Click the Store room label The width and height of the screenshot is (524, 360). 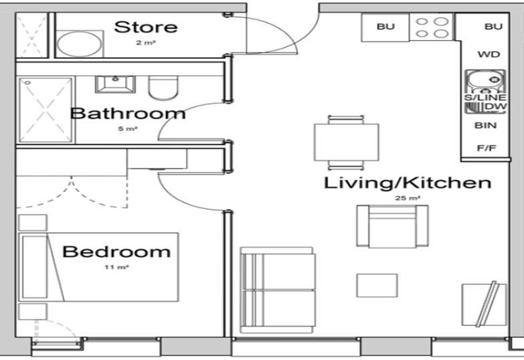146,27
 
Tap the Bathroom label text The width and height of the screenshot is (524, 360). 127,113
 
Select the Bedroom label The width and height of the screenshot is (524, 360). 116,252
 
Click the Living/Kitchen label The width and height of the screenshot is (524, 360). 408,183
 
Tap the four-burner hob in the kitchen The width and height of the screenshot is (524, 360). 432,27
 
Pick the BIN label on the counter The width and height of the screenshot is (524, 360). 489,125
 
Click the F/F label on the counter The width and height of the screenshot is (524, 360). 489,148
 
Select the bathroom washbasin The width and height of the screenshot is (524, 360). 116,84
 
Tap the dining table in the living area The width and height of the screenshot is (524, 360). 346,142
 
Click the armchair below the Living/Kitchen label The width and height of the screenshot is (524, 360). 392,226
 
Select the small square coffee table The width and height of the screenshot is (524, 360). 376,286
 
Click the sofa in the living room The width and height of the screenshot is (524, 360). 277,290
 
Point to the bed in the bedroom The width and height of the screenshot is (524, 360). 100,267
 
